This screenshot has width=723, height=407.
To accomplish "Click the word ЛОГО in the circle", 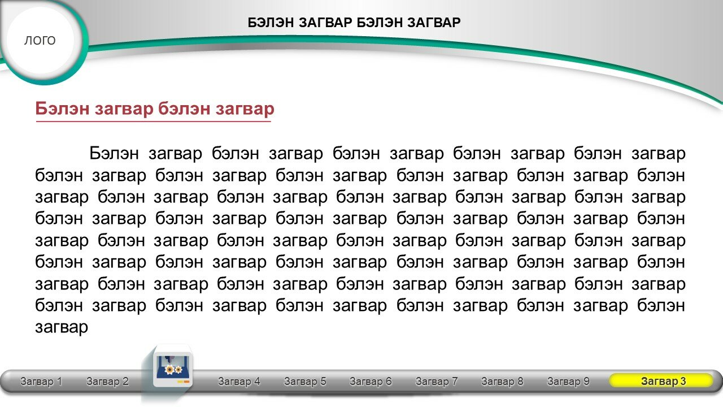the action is click(x=40, y=40).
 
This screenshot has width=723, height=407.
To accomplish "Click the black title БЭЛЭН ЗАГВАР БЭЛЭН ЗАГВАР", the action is click(x=354, y=23).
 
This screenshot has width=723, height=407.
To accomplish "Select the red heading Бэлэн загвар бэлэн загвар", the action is click(x=155, y=109).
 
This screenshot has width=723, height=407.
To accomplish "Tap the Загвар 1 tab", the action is click(x=41, y=382).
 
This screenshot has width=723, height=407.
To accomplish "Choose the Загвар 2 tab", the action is click(x=107, y=382).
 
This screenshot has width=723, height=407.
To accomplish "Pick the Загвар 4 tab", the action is click(x=239, y=382).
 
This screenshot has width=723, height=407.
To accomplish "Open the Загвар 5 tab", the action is click(x=305, y=382).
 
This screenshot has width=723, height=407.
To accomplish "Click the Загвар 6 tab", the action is click(x=371, y=382).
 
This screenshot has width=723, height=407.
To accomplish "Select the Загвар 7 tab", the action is click(x=437, y=382).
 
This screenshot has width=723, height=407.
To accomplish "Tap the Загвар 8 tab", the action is click(x=502, y=382).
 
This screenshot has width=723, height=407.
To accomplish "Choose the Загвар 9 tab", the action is click(x=568, y=382).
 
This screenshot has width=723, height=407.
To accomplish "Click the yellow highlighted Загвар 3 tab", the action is click(x=661, y=380).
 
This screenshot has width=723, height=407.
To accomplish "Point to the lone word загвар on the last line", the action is click(x=62, y=327).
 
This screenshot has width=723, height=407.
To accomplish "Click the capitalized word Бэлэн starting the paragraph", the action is click(x=114, y=153).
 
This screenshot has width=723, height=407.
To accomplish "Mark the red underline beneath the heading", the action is click(x=153, y=122).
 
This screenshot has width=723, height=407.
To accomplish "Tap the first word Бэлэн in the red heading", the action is click(x=62, y=108).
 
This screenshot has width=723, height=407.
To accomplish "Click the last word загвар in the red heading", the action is click(x=245, y=109).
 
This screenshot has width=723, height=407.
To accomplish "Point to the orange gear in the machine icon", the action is click(x=169, y=370).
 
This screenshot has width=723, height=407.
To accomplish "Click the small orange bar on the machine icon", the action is click(x=186, y=382).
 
